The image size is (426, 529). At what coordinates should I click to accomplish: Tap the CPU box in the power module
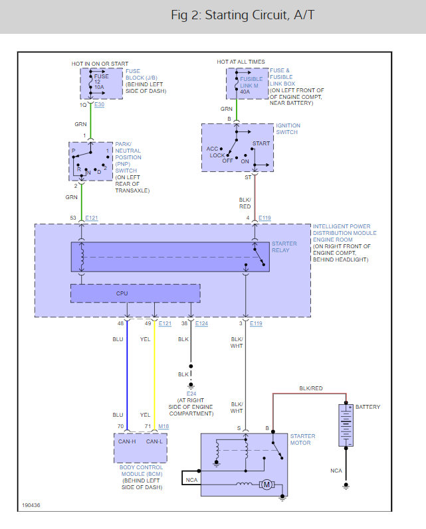click(x=135, y=293)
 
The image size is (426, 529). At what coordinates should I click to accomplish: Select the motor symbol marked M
click(x=266, y=485)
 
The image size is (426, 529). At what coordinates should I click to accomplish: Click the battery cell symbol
click(x=344, y=425)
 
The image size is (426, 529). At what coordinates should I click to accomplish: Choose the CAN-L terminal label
click(x=154, y=441)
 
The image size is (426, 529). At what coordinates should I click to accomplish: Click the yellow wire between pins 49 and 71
click(x=154, y=378)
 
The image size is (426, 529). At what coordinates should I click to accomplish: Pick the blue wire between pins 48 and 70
click(x=127, y=378)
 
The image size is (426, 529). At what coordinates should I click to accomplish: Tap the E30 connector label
click(x=100, y=105)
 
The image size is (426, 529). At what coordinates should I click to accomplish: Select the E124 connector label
click(x=201, y=323)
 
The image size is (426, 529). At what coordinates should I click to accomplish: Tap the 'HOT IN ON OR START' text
click(x=100, y=63)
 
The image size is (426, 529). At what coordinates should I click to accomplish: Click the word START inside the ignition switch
click(x=261, y=143)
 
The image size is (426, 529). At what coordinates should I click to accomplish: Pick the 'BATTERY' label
click(x=368, y=406)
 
